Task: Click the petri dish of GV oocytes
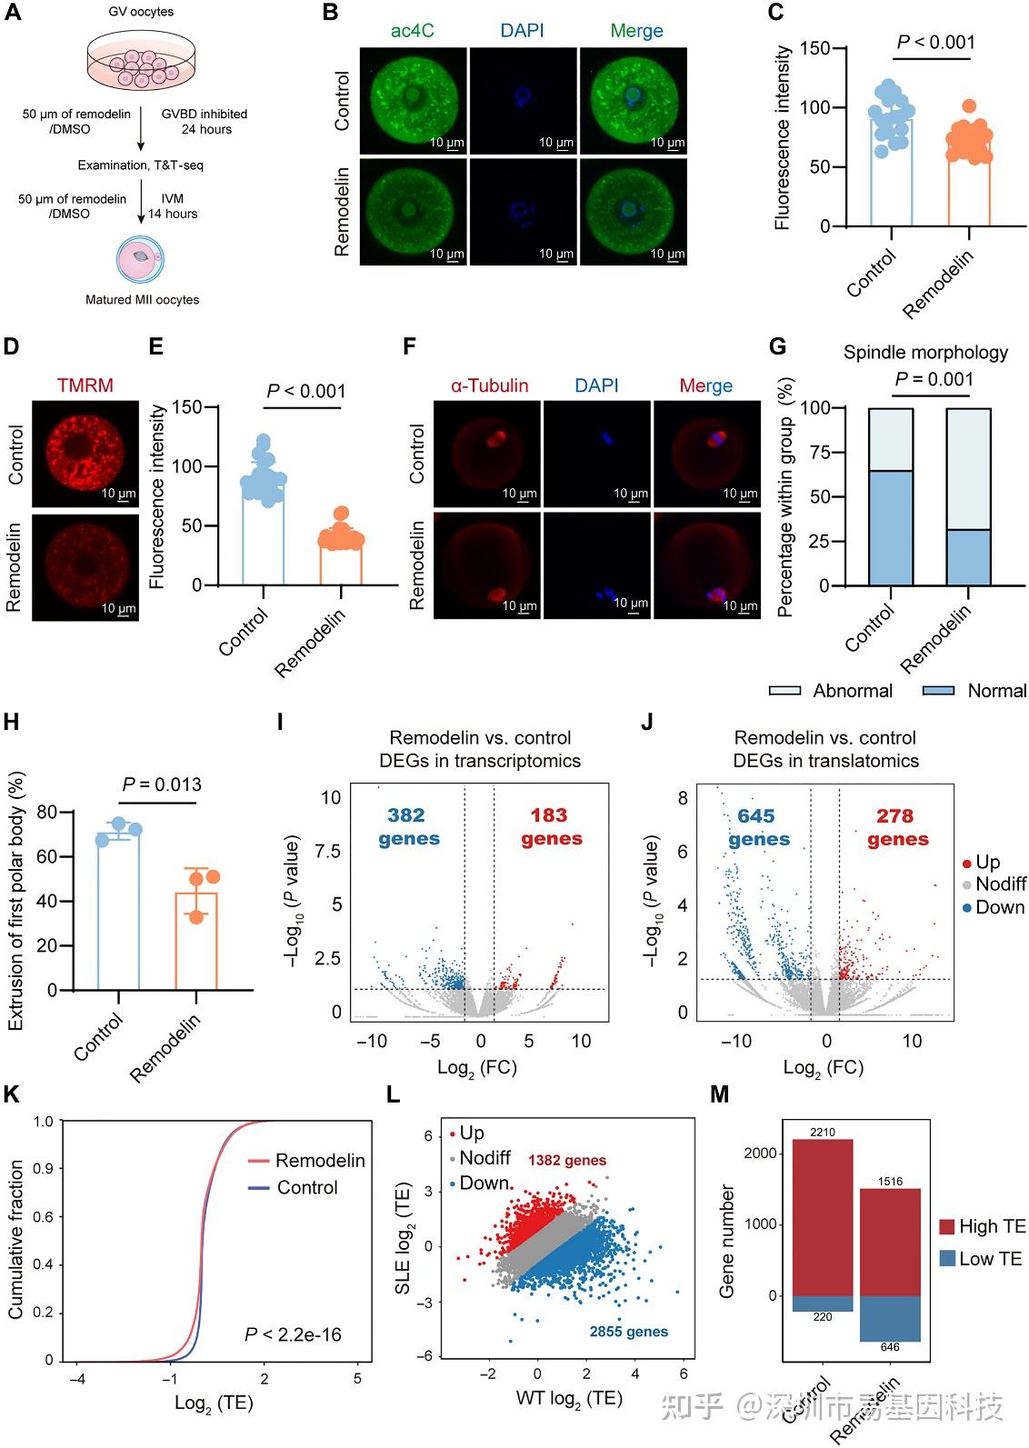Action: (x=141, y=64)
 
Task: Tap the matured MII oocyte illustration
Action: (x=140, y=258)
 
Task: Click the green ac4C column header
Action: (x=412, y=31)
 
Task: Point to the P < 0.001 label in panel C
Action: (x=935, y=42)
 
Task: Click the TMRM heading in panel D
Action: (x=85, y=385)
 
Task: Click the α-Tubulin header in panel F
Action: (x=489, y=385)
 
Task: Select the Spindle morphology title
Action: (x=925, y=353)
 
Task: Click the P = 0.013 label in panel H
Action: (x=162, y=784)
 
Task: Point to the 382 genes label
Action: (x=408, y=826)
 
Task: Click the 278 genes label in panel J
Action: (x=896, y=827)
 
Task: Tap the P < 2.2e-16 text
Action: (x=293, y=1334)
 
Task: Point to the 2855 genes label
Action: (x=628, y=1332)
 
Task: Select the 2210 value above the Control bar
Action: (x=822, y=1132)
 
